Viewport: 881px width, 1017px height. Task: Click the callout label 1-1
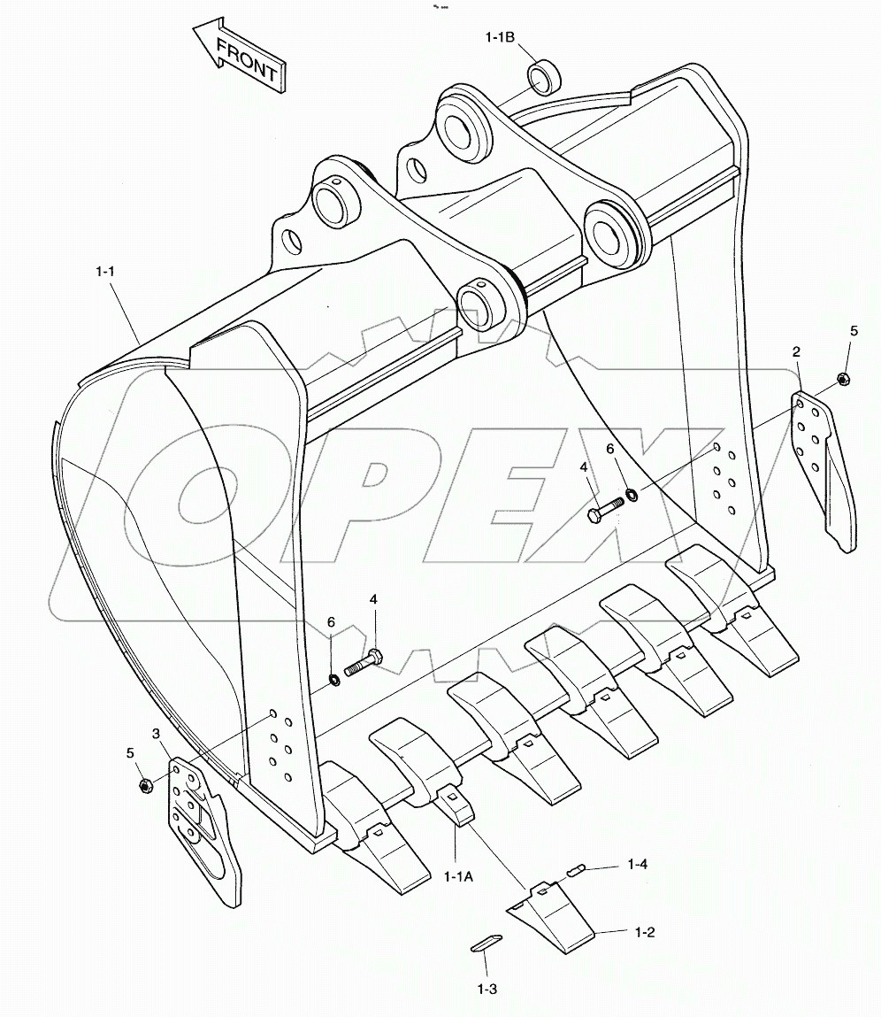(x=105, y=273)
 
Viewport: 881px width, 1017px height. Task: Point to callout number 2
(x=796, y=352)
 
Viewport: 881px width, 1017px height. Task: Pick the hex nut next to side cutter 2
(x=843, y=379)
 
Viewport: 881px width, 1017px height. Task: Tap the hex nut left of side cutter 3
(x=145, y=785)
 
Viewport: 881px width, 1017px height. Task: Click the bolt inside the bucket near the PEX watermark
(x=605, y=508)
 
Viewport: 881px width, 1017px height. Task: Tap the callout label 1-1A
(x=457, y=877)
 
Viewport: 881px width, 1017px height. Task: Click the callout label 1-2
(x=644, y=932)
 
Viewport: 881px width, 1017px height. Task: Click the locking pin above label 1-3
(x=486, y=943)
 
